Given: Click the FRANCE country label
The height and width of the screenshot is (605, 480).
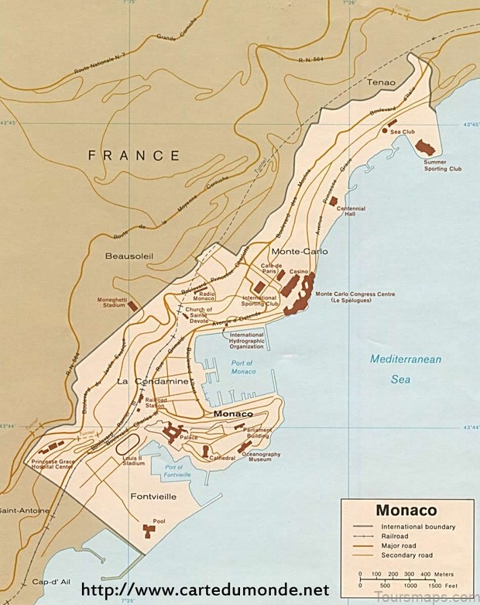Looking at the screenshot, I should click(134, 155).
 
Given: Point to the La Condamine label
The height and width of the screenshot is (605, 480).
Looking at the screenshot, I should click(153, 382).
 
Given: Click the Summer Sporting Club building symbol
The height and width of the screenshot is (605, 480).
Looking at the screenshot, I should click(425, 146).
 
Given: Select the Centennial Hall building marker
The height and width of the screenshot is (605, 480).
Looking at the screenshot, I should click(334, 201).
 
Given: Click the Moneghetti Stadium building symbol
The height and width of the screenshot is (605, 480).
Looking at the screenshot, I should click(132, 306).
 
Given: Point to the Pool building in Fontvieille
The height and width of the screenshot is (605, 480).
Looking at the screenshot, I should click(149, 530).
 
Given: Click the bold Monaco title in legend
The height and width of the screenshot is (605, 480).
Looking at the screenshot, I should click(406, 510).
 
